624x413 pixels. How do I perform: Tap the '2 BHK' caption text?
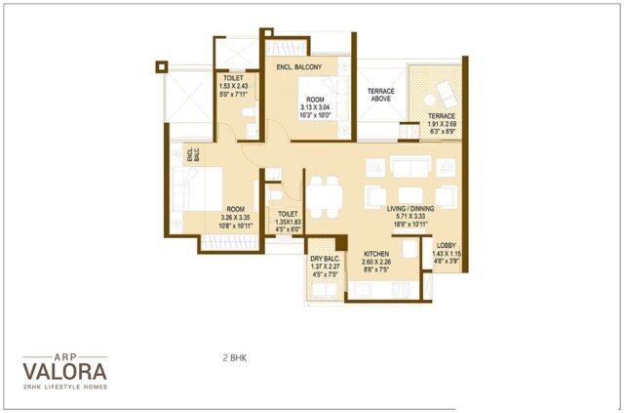[235, 358]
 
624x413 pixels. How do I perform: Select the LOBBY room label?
[446, 245]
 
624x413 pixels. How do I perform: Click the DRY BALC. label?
[325, 258]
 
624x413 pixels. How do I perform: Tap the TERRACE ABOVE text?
[380, 94]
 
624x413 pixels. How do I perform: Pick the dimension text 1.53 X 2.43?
[234, 86]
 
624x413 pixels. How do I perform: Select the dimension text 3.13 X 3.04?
[314, 106]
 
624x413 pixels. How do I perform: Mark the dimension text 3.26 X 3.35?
[236, 218]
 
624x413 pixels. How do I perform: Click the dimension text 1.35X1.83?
[287, 222]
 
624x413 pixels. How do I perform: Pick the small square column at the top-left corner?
[161, 67]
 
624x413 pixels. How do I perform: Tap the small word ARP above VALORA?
[65, 355]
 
